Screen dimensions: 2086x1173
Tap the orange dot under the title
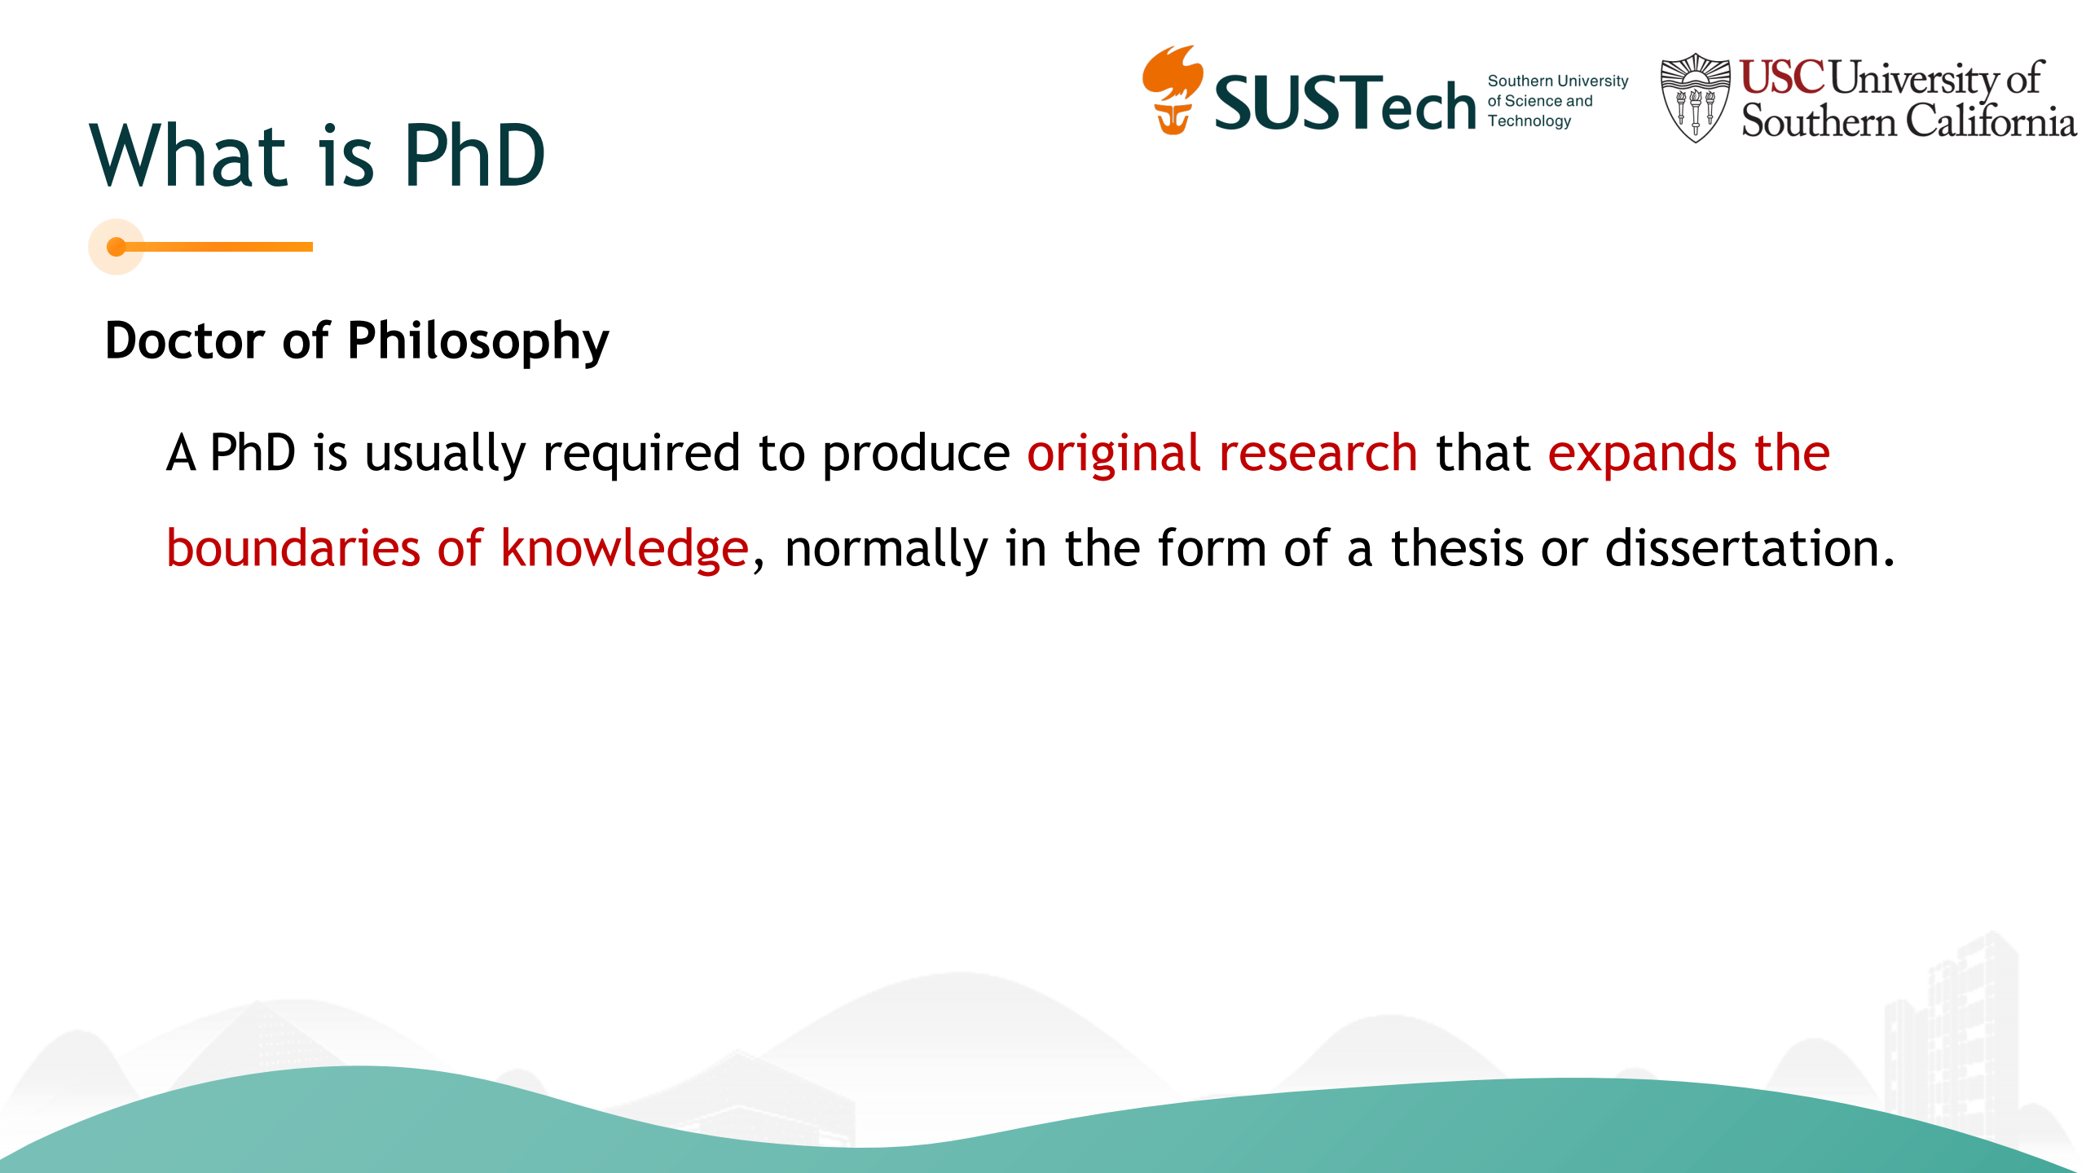pos(117,247)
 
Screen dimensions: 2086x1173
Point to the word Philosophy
pos(478,342)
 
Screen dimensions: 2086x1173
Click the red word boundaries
pos(293,548)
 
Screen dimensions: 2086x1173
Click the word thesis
pos(1457,548)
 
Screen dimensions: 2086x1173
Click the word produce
pos(916,455)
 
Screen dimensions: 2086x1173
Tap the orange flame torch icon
pos(1173,90)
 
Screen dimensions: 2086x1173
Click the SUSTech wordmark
pos(1345,103)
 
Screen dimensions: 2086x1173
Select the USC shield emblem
pos(1696,98)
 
